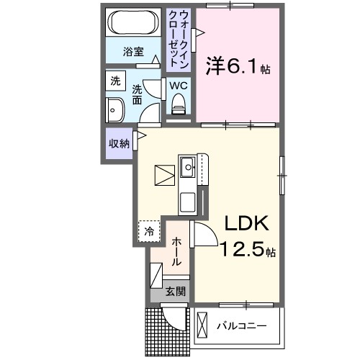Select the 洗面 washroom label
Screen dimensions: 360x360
click(138, 94)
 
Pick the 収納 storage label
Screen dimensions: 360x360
click(119, 143)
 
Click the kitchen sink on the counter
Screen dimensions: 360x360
click(188, 169)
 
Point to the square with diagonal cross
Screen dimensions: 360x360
click(163, 175)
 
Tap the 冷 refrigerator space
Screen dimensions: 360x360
click(149, 231)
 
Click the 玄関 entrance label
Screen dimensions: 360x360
click(176, 292)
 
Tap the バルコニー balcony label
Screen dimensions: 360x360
click(242, 326)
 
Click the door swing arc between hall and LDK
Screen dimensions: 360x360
click(204, 235)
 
